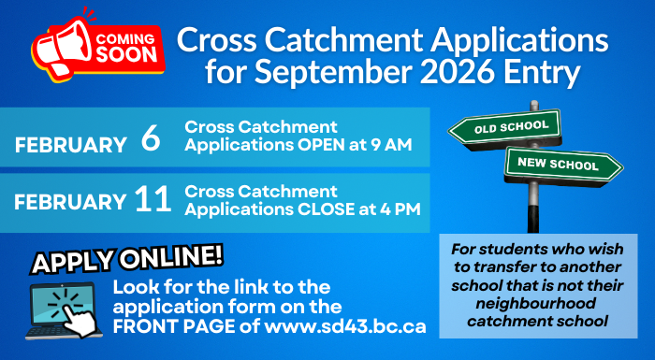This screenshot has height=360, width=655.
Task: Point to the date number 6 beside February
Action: pos(151,140)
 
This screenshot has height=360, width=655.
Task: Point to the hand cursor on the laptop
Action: pos(80,319)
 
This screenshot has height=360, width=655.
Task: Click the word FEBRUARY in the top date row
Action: pos(71,145)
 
